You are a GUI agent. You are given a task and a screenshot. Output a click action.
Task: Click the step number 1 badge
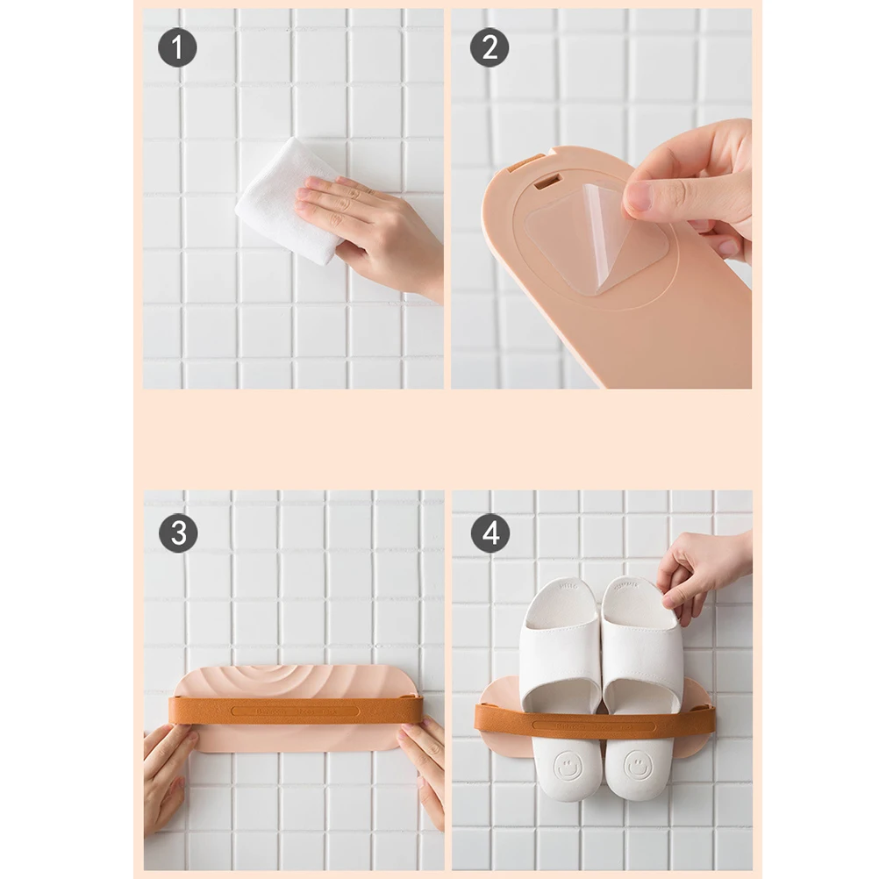pyautogui.click(x=177, y=47)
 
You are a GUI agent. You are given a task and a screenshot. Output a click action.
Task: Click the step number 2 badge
pyautogui.click(x=490, y=47)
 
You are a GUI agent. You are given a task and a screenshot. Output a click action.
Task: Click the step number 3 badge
pyautogui.click(x=177, y=532)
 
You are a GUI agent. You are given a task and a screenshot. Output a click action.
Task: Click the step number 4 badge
pyautogui.click(x=490, y=532)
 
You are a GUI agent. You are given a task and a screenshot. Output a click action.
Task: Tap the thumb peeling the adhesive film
pyautogui.click(x=654, y=195)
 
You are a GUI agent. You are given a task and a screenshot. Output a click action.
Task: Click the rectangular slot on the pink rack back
pyautogui.click(x=547, y=182)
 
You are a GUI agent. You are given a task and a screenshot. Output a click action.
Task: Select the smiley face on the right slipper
pyautogui.click(x=638, y=766)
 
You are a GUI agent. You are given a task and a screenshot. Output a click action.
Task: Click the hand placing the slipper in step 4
pyautogui.click(x=702, y=575)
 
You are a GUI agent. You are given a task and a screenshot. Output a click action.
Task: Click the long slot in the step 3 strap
pyautogui.click(x=295, y=711)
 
